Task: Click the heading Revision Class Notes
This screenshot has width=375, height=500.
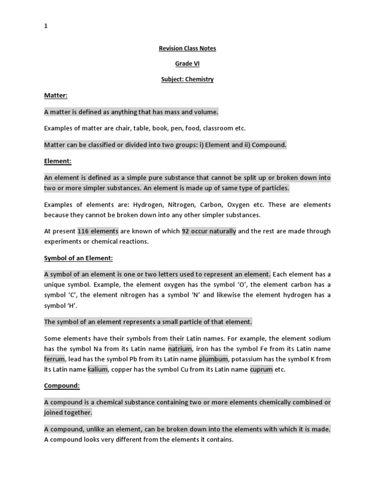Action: click(x=187, y=48)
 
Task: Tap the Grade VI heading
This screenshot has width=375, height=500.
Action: click(x=187, y=63)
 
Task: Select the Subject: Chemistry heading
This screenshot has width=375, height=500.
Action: click(x=187, y=79)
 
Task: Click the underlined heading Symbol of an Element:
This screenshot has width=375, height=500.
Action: click(x=78, y=258)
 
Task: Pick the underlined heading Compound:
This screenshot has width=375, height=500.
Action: click(x=62, y=385)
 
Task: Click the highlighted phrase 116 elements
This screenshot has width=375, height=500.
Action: click(x=98, y=231)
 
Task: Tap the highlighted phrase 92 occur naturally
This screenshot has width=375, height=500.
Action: click(x=209, y=231)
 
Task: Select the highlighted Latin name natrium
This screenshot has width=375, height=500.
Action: click(x=181, y=349)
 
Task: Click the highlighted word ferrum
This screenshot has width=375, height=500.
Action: click(x=54, y=359)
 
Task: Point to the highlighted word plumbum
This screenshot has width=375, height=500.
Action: click(x=213, y=359)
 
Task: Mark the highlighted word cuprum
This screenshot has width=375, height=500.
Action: click(x=261, y=369)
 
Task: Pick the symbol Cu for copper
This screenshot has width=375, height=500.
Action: click(x=186, y=369)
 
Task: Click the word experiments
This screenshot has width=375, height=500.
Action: click(x=63, y=241)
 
